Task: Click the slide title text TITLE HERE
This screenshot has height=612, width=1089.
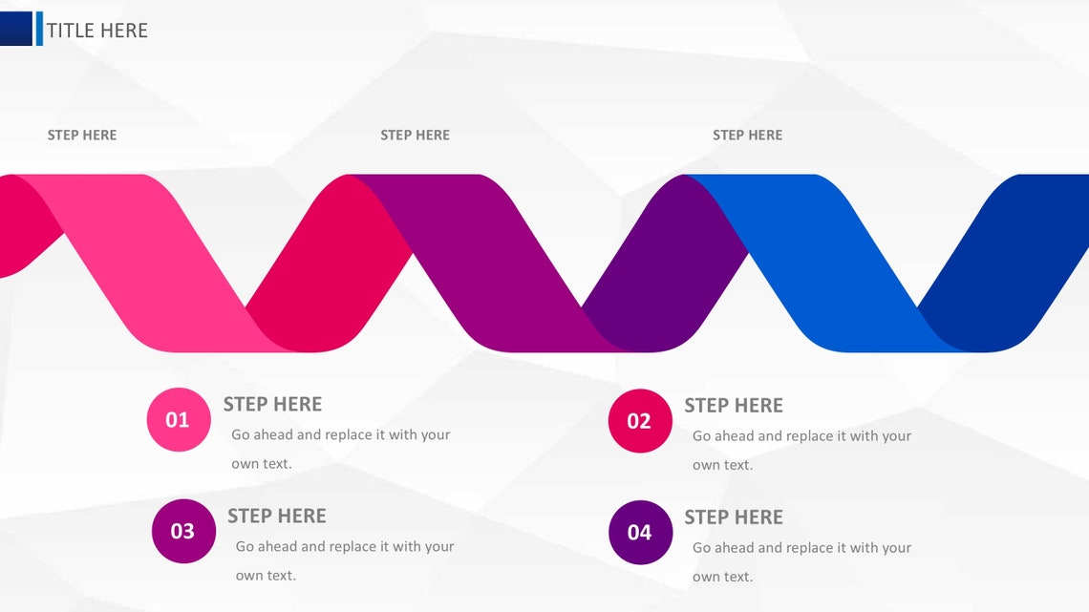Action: (x=97, y=31)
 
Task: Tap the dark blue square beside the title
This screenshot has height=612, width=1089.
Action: (x=16, y=29)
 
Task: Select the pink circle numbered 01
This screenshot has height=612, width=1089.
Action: (x=178, y=419)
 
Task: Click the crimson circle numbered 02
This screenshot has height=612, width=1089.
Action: (x=639, y=421)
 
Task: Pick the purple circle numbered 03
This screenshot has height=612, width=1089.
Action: (x=182, y=531)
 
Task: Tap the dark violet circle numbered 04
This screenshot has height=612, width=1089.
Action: (x=639, y=533)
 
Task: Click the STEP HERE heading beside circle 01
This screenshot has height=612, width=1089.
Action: (x=272, y=404)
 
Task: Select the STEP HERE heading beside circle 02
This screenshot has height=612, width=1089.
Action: (x=733, y=406)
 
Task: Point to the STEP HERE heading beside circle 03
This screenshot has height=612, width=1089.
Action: (x=276, y=516)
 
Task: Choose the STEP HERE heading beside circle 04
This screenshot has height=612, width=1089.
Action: (x=733, y=517)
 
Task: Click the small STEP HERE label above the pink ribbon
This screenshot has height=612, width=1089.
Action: (x=82, y=136)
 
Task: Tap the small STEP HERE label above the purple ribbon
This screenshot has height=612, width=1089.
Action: (x=415, y=136)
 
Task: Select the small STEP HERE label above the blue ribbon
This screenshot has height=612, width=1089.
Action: (x=747, y=136)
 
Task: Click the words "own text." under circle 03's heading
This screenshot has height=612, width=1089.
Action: (x=266, y=576)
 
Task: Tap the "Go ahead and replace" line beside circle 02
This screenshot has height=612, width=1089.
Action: (x=801, y=436)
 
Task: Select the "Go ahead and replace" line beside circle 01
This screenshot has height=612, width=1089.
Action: (x=340, y=435)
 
